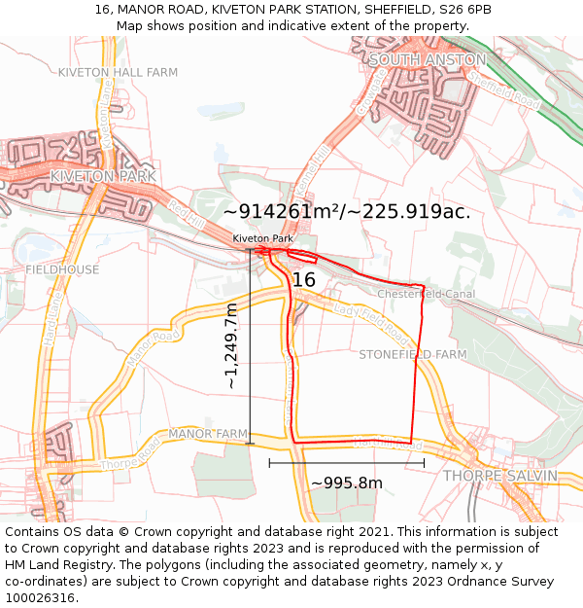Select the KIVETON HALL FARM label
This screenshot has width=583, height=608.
click(118, 72)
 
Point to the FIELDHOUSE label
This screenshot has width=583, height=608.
click(62, 269)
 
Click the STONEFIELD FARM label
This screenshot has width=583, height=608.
click(413, 355)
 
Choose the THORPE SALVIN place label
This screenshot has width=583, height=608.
click(500, 476)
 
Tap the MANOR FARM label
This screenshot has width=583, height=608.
click(208, 433)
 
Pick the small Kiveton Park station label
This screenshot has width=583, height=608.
click(262, 238)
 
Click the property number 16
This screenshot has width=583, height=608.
click(304, 280)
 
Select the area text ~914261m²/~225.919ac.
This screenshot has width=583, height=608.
click(347, 211)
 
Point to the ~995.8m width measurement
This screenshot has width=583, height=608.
click(346, 483)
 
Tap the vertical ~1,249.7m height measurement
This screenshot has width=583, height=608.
click(231, 346)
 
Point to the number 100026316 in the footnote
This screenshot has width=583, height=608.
click(40, 597)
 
